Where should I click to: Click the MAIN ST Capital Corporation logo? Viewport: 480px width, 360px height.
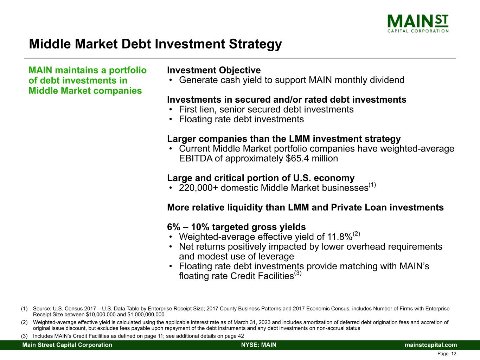(417, 23)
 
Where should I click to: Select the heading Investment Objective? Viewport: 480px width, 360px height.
(214, 70)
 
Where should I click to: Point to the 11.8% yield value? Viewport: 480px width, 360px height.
(340, 237)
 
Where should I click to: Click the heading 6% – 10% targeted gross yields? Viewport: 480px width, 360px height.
(236, 227)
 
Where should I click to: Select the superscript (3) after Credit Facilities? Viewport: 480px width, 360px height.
(298, 273)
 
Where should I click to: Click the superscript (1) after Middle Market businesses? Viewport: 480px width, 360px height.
(372, 185)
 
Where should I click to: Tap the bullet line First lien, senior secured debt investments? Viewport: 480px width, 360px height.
(266, 110)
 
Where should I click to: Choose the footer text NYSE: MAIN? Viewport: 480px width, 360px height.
(259, 345)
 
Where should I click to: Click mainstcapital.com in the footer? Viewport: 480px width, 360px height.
(431, 345)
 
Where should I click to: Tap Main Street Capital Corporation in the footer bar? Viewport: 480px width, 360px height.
(67, 345)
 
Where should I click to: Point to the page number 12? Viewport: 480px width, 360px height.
(454, 354)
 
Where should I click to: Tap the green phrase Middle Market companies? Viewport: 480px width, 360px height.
(85, 91)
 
